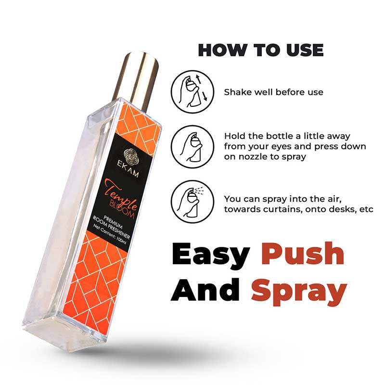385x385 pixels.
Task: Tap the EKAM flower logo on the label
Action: pyautogui.click(x=131, y=156)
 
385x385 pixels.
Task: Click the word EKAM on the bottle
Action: pyautogui.click(x=128, y=169)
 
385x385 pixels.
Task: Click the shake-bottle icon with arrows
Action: pyautogui.click(x=192, y=92)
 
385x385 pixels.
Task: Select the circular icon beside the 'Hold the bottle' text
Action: pyautogui.click(x=192, y=147)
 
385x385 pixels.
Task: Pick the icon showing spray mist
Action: pyautogui.click(x=192, y=202)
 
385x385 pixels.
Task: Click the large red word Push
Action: pyautogui.click(x=303, y=254)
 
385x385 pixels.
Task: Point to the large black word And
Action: pyautogui.click(x=205, y=290)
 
